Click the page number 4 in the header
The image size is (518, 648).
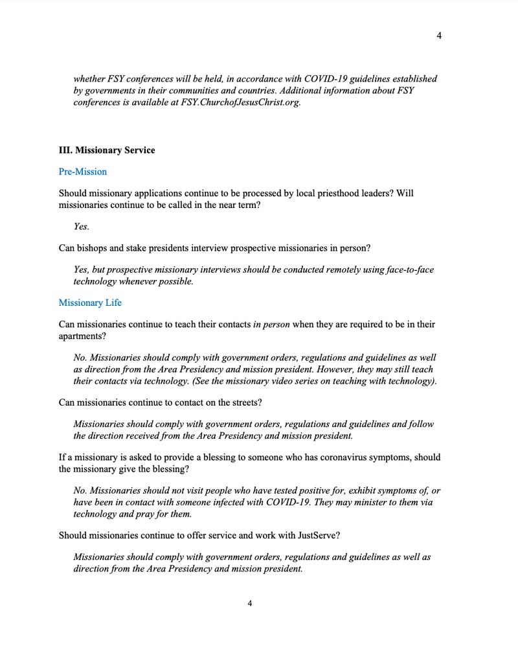(x=439, y=36)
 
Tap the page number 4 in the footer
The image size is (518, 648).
(x=250, y=603)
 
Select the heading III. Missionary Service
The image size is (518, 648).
(x=107, y=150)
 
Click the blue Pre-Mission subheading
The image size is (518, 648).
(x=83, y=172)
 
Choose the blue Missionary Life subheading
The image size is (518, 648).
(x=90, y=303)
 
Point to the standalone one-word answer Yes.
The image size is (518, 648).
(x=82, y=227)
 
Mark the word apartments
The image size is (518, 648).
(x=81, y=336)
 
